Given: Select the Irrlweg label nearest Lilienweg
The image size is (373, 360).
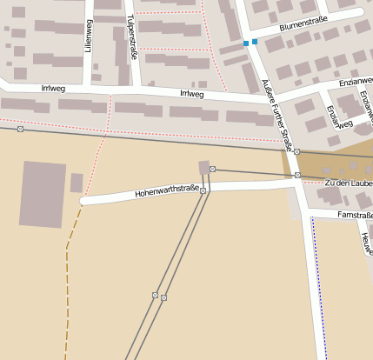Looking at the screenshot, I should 53,88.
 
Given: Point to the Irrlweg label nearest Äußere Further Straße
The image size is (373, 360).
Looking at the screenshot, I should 190,93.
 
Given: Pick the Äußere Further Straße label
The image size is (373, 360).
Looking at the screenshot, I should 277,112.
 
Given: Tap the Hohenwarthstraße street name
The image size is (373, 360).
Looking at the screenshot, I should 167,190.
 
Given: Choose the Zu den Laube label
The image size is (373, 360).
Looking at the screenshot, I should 347,183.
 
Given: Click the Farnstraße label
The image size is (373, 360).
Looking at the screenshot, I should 355,213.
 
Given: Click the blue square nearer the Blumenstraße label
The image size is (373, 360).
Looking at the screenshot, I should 255,42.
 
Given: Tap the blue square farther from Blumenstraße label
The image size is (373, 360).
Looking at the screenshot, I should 246,43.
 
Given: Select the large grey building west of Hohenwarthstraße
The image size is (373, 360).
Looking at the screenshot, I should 43,193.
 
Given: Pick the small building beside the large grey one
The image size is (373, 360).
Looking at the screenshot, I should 77,183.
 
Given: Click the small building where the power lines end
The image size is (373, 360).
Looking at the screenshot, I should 204,167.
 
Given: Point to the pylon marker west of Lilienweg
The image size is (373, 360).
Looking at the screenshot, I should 20,130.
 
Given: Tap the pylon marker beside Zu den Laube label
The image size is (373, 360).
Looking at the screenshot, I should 297,176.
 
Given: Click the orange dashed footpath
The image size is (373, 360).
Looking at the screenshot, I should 67,287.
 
